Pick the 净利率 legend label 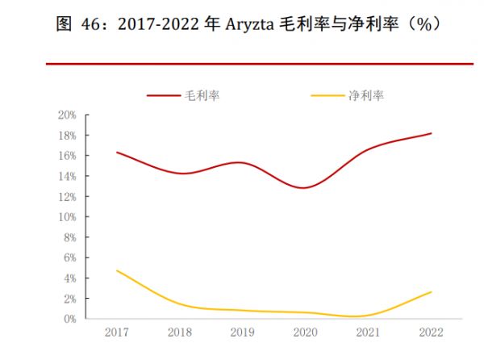coord(365,95)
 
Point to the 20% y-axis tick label coord(68,115)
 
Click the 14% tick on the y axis coord(68,176)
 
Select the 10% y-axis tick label coord(68,217)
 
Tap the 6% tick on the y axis coord(70,257)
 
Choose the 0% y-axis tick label coord(70,319)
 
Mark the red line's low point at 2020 coord(304,187)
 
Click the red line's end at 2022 coord(431,133)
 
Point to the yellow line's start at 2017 coord(118,270)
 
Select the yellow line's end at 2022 coord(431,292)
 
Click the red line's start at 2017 coord(118,152)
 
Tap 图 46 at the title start coord(76,25)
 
